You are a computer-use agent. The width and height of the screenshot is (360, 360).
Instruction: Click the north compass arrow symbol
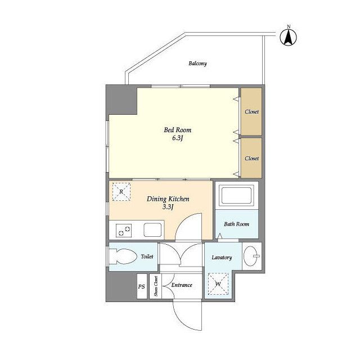(289, 37)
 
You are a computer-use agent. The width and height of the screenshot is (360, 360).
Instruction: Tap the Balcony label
(197, 64)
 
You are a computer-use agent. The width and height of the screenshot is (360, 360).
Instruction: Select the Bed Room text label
(178, 130)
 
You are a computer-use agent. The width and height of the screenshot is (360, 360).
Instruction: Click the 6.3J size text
(177, 138)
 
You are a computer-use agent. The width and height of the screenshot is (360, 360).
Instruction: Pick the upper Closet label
(251, 112)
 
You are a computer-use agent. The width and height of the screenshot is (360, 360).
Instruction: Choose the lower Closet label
(251, 159)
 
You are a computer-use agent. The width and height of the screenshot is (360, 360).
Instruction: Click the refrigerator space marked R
(121, 192)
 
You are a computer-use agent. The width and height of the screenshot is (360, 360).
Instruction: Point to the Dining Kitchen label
(168, 199)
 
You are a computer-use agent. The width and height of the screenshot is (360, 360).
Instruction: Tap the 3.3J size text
(168, 207)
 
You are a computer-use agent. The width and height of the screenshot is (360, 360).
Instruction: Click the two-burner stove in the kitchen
(124, 231)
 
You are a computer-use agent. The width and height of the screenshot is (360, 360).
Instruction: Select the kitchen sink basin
(152, 230)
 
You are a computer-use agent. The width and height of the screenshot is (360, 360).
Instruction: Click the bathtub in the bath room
(237, 195)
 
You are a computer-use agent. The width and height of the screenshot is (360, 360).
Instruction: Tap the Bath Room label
(236, 224)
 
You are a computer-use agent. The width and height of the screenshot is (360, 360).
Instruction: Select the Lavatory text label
(222, 258)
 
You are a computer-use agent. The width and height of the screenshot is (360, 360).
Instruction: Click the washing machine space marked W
(218, 283)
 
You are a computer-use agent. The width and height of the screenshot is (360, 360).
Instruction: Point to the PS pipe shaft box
(142, 286)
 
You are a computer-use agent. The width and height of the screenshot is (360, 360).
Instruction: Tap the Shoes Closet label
(156, 286)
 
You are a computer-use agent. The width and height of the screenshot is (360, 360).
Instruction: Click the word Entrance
(182, 285)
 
